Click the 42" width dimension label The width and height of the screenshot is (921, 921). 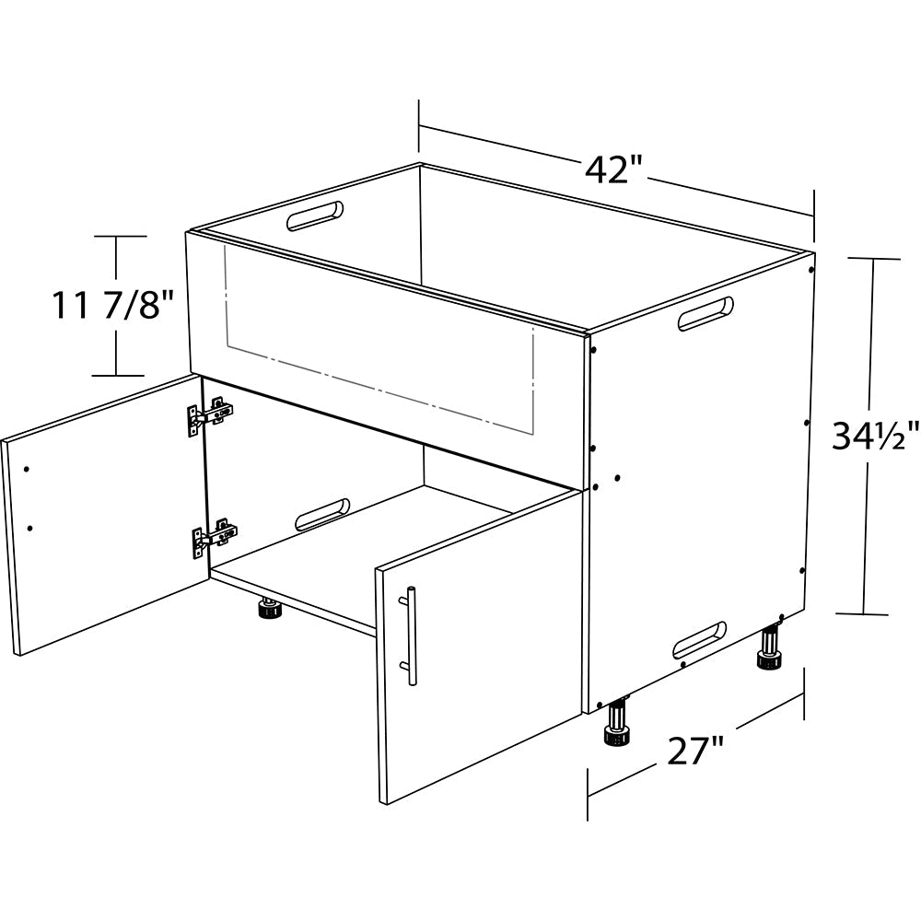[615, 169]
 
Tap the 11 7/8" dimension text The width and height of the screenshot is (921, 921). [113, 305]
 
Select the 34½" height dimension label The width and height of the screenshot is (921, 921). [875, 436]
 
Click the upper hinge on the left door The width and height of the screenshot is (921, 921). [210, 414]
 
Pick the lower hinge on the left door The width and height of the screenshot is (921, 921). [215, 536]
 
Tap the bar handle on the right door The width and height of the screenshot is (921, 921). [410, 635]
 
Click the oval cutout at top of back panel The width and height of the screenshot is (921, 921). [315, 216]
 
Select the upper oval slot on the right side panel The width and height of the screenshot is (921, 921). [705, 313]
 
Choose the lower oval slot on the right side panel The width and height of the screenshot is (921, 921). [700, 639]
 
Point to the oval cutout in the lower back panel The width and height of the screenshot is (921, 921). [322, 515]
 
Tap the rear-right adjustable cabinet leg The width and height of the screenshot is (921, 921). [771, 647]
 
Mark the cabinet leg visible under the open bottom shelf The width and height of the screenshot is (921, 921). [270, 608]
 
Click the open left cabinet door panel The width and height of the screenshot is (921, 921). [106, 514]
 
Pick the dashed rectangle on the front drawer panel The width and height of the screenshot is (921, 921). [379, 340]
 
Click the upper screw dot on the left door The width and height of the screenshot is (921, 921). [27, 469]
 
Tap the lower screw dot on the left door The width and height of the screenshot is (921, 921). [30, 528]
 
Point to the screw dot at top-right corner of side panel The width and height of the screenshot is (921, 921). [810, 271]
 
